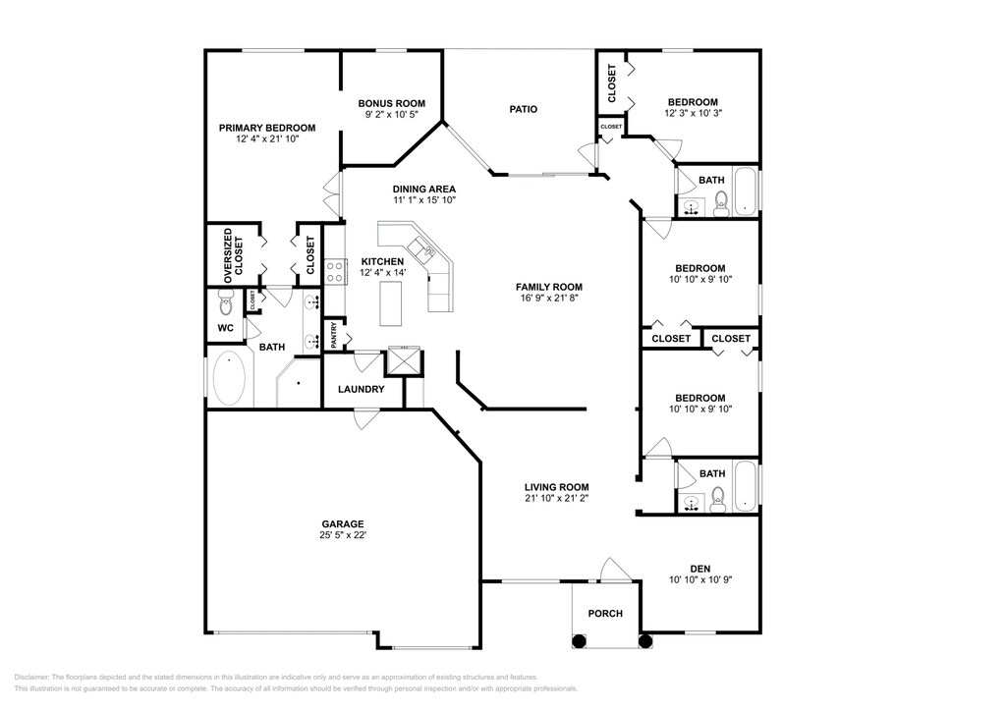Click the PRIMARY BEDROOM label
[x=267, y=129]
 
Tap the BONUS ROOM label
[x=391, y=103]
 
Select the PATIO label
[x=524, y=109]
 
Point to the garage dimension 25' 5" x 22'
[x=343, y=534]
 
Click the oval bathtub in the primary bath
[x=229, y=378]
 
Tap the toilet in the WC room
[x=226, y=302]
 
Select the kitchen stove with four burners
[x=334, y=270]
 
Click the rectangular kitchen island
[x=391, y=302]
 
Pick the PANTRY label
[x=334, y=335]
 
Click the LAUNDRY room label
[x=362, y=389]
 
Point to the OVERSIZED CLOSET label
[x=234, y=255]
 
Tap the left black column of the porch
[x=579, y=640]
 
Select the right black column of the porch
[x=645, y=640]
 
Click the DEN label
[x=699, y=569]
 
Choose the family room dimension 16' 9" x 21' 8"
[x=549, y=299]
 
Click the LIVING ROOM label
[x=557, y=487]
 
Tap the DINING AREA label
[x=424, y=190]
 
